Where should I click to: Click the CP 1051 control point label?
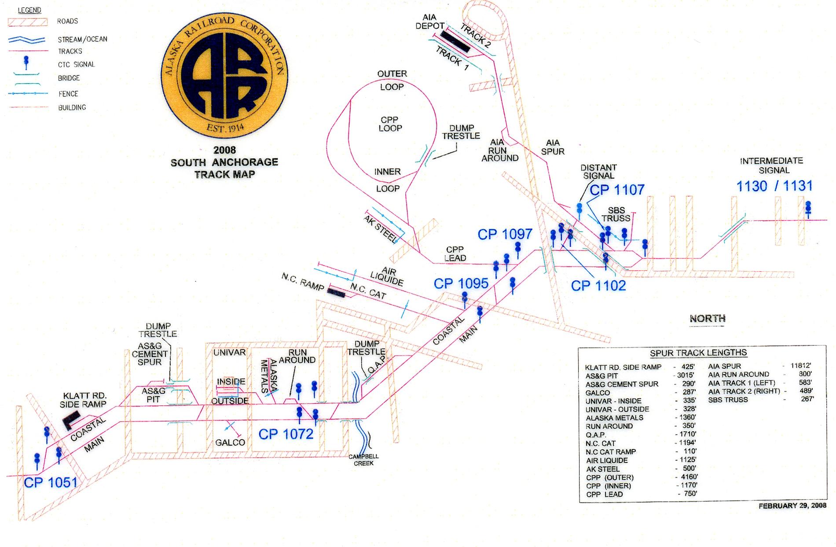pos(50,482)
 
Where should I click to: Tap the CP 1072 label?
pos(286,434)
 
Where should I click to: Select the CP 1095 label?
pos(461,283)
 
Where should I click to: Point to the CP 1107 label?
pos(617,190)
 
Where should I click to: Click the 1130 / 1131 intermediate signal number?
pos(774,186)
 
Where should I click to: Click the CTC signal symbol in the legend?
pos(26,62)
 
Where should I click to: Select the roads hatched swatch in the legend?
pos(27,21)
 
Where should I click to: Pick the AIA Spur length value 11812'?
pos(800,366)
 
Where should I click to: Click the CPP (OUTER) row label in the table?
pos(610,477)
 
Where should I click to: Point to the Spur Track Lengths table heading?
pos(698,352)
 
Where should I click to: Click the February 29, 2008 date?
pos(792,506)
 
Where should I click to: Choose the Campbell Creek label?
pos(363,460)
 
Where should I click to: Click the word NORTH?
pos(708,318)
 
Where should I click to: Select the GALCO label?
pos(230,442)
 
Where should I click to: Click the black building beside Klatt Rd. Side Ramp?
pos(70,420)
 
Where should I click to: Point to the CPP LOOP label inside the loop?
pos(390,124)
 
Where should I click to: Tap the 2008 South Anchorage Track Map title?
pos(224,162)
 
